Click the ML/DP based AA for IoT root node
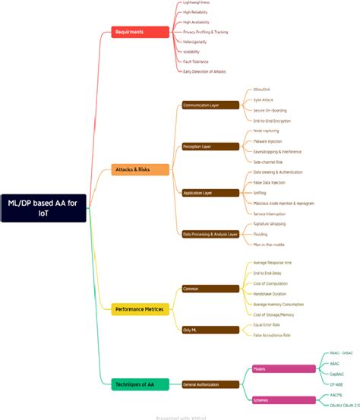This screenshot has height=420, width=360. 43,207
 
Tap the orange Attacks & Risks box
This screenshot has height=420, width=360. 141,169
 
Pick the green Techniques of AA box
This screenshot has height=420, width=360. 140,385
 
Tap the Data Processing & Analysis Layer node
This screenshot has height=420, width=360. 210,234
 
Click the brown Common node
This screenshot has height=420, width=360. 210,289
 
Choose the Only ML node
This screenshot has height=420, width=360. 210,330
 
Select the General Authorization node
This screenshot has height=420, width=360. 210,385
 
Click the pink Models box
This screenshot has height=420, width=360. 283,369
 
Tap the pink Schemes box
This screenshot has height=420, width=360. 283,400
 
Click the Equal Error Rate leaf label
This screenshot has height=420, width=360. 265,324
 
